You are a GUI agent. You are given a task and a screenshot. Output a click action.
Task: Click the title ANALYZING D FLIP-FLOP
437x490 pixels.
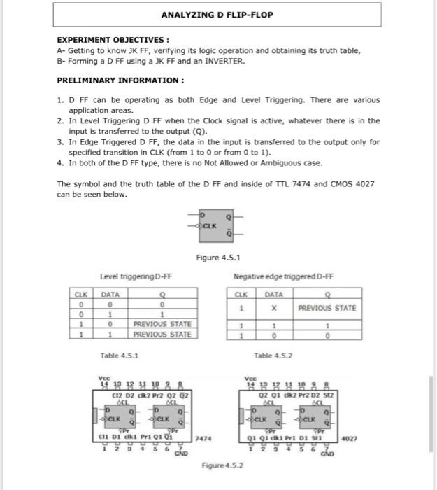(218, 15)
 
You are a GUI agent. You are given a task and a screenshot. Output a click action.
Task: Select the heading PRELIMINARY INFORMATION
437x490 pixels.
(120, 80)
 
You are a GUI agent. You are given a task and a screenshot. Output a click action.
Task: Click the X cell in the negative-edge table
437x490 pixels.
(268, 308)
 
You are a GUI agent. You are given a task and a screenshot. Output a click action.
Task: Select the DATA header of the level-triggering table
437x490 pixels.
(110, 295)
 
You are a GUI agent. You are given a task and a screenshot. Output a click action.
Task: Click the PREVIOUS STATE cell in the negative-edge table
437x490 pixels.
(327, 308)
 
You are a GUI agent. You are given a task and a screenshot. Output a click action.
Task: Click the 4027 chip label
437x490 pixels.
(350, 439)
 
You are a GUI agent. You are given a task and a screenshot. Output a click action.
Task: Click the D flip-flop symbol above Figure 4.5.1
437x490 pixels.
(213, 222)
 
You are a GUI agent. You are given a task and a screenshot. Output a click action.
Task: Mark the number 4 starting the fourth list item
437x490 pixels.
(60, 164)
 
